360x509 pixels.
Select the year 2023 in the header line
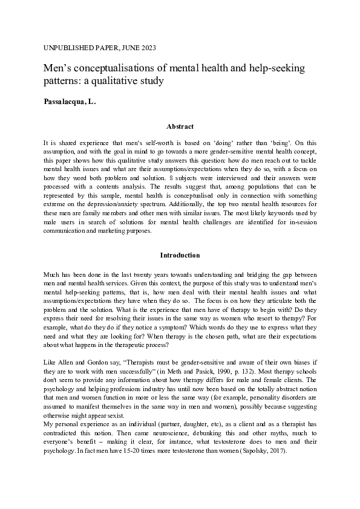click(154, 47)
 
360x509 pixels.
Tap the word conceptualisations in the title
click(114, 66)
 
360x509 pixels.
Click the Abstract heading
click(180, 126)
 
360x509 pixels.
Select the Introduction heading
click(180, 255)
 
